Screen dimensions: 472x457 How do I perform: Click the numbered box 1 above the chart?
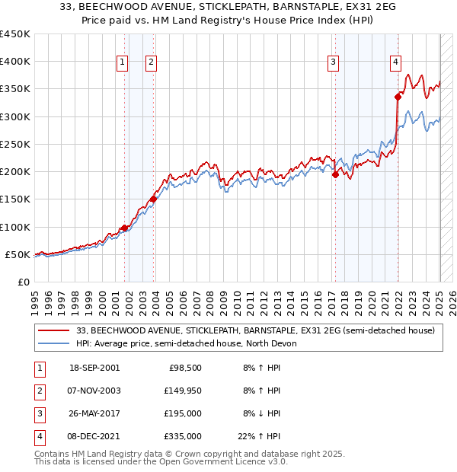point(123,63)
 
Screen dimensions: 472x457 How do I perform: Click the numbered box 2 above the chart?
point(151,63)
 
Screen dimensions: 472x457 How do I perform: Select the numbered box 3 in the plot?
point(334,63)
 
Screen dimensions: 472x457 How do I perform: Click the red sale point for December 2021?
point(398,97)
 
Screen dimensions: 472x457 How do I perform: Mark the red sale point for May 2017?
point(335,174)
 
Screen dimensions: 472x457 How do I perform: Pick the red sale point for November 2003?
point(153,199)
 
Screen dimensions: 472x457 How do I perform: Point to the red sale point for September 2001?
point(124,228)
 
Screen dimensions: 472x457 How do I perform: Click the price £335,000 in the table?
point(183,436)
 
